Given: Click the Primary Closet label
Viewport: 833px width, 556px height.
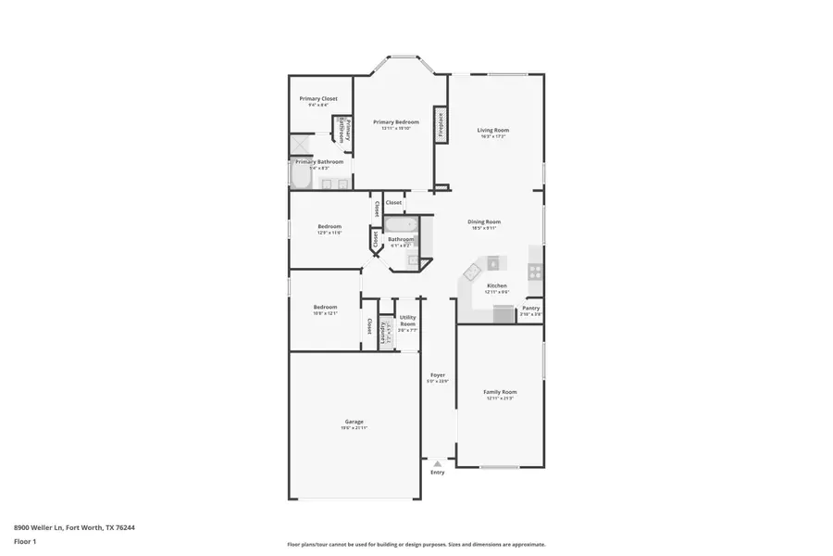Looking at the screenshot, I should pos(317,99).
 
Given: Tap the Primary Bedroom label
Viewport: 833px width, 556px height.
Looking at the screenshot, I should pos(396,122).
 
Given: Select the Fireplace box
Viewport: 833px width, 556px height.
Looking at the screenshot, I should pos(441,125).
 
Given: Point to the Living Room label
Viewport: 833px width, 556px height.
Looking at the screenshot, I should pos(493,131).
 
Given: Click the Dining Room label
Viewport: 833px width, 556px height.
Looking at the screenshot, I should pos(484,222).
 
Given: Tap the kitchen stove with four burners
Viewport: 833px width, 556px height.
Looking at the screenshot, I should pos(535,271).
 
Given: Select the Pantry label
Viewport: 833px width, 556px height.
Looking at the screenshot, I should pos(530,309).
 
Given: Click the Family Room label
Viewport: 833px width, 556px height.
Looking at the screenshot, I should pos(500,393).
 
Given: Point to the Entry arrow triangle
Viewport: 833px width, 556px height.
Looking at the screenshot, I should pos(437,463).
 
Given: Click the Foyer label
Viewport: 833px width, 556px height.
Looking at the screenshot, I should pos(437,376).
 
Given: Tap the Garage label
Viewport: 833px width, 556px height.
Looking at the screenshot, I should pos(354,423).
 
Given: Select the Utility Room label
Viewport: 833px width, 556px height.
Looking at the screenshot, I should pos(407,321).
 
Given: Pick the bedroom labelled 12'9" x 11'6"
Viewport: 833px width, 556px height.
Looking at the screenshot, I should pos(329,228).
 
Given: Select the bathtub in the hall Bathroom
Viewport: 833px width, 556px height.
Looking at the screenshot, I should pos(401,225).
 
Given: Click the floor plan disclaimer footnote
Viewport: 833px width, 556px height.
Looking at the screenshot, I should pos(416,545).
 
